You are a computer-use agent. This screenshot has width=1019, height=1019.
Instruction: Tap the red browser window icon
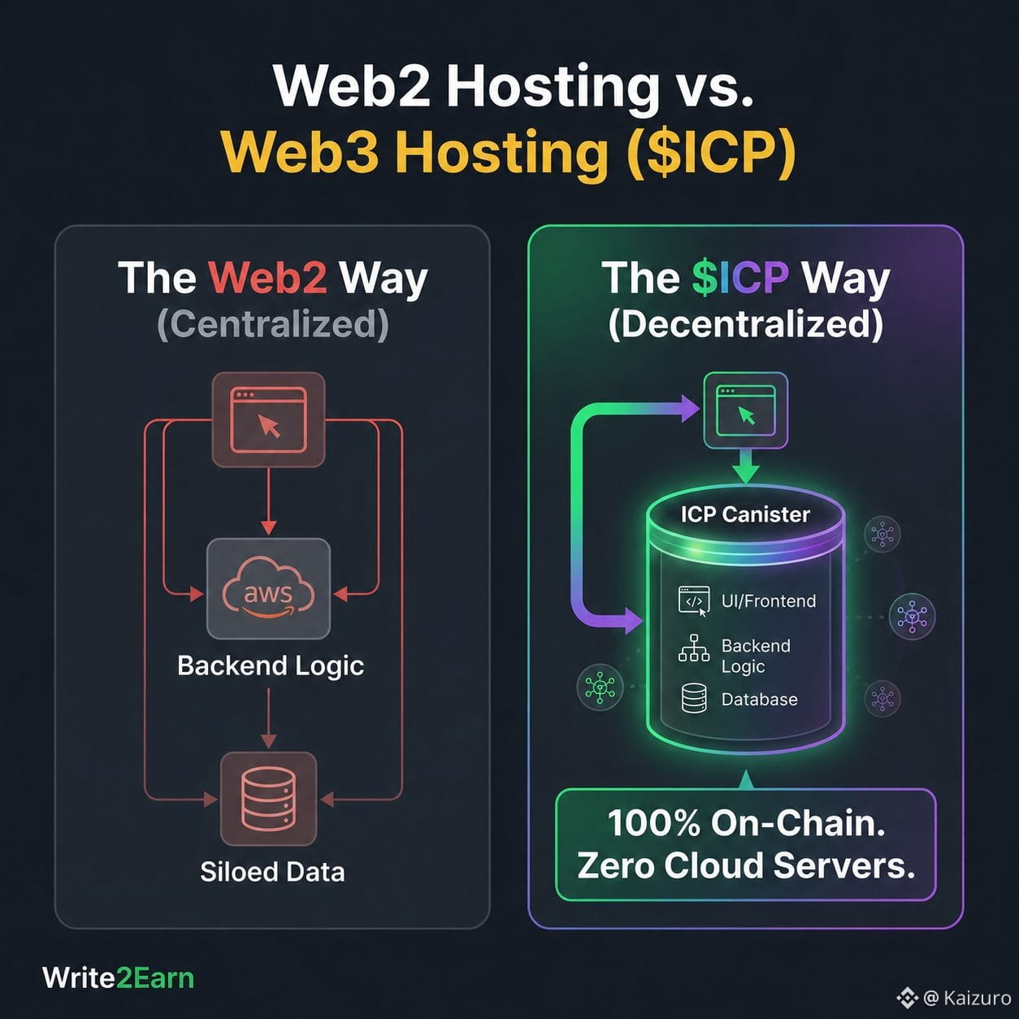tap(269, 419)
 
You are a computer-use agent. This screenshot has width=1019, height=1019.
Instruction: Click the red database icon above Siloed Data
tap(269, 799)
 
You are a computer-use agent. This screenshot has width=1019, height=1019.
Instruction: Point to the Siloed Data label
tap(272, 871)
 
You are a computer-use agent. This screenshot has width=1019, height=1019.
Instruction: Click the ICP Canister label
tap(745, 514)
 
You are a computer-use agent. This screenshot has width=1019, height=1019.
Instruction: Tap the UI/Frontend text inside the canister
tap(769, 601)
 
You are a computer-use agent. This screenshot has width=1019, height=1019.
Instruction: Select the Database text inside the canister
tap(759, 699)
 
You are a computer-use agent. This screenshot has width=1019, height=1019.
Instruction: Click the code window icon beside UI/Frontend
tap(694, 601)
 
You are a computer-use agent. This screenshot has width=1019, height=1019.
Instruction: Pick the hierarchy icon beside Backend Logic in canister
tap(694, 648)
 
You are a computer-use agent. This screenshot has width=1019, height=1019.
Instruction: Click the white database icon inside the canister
tap(694, 698)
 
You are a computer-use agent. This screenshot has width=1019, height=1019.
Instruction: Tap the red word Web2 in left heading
tap(267, 277)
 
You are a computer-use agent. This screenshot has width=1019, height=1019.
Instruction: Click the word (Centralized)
tap(273, 324)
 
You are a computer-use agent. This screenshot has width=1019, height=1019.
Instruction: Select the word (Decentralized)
tap(746, 324)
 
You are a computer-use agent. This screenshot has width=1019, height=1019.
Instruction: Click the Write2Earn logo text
tap(119, 978)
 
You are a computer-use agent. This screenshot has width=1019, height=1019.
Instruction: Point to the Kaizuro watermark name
tap(977, 998)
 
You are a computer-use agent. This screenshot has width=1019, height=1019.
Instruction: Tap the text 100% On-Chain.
tap(746, 823)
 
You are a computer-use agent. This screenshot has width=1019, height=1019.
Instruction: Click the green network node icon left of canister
tap(600, 687)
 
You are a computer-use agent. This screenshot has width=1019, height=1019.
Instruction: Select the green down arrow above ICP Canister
tap(746, 466)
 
